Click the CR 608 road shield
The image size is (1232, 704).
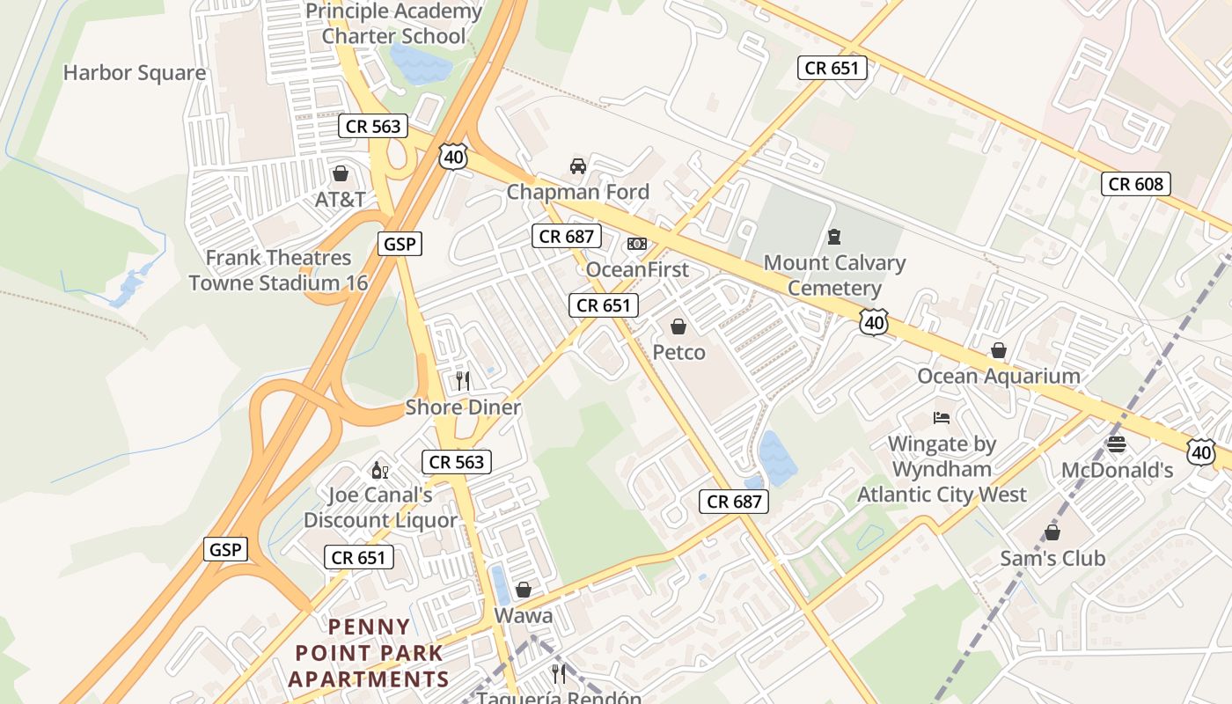pos(1136,184)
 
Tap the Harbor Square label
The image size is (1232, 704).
pos(135,73)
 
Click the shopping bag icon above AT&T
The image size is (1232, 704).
pos(340,173)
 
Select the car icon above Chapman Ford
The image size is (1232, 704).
pos(577,165)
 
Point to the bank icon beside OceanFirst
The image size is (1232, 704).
pos(637,244)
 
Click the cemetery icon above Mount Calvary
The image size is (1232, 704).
pos(833,237)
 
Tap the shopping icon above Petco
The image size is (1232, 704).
pos(678,327)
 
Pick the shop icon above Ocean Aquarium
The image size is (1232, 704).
pos(998,350)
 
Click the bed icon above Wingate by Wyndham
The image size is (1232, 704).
pos(942,418)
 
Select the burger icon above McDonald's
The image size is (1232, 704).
pos(1117,444)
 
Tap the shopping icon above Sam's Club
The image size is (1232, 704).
pos(1052,532)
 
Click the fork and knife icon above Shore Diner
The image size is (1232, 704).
pos(463,381)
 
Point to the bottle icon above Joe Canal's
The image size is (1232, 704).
pos(380,470)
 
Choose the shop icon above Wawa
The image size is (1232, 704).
pos(524,590)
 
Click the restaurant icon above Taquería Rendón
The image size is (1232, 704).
pos(559,674)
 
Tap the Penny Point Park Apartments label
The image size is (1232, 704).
pos(369,653)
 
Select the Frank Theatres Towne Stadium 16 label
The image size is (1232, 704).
pos(278,270)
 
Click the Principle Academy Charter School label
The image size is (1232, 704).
pos(393,24)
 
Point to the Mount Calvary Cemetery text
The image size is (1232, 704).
pos(833,275)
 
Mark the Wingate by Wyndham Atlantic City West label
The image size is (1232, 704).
pos(942,469)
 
